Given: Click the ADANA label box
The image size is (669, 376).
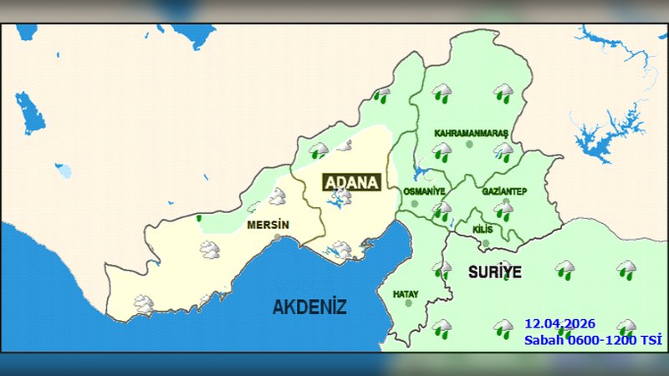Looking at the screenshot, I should tap(351, 182).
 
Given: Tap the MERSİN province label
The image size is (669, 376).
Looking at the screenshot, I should tap(268, 226).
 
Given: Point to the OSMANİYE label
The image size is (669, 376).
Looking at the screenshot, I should tap(424, 191).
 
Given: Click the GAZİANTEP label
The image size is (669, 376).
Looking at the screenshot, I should tap(504, 191).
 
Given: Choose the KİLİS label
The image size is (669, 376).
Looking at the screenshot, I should tap(483, 229).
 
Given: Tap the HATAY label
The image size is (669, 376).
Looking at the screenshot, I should tap(406, 294).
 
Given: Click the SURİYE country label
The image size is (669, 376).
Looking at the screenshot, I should tap(494, 272).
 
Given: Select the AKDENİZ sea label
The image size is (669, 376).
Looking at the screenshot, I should tap(309, 307).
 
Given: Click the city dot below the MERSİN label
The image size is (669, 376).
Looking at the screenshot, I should tap(278, 238).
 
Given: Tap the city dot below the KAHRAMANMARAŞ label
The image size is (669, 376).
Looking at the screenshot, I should tap(469, 145).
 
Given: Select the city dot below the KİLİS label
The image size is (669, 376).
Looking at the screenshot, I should tap(486, 243).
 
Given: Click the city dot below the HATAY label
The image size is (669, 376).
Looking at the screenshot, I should tap(408, 303).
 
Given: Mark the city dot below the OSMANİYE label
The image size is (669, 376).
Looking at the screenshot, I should tap(414, 203).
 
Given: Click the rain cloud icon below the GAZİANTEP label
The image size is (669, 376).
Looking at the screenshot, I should tap(503, 210).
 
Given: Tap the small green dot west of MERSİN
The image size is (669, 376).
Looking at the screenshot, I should tap(199, 219).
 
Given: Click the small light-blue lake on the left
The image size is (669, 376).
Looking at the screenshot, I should tap(64, 170).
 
